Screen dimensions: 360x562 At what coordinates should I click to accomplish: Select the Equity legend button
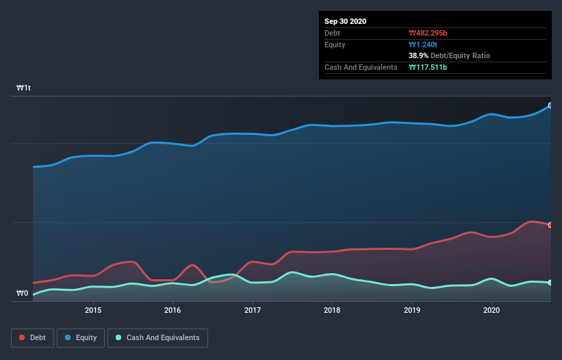pyautogui.click(x=81, y=337)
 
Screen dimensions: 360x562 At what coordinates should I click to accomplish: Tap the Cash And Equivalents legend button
pyautogui.click(x=157, y=337)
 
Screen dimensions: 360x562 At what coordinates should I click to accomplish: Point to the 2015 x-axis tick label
pyautogui.click(x=93, y=310)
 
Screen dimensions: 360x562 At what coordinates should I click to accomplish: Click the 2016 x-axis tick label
pyautogui.click(x=173, y=310)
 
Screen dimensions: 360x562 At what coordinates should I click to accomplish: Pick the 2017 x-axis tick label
pyautogui.click(x=253, y=310)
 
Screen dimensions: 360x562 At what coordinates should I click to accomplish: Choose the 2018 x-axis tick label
pyautogui.click(x=332, y=310)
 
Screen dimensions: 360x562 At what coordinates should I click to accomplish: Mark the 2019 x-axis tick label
pyautogui.click(x=412, y=310)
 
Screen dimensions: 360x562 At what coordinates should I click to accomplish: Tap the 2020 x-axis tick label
pyautogui.click(x=491, y=310)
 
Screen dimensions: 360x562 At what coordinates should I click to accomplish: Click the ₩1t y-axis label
pyautogui.click(x=24, y=88)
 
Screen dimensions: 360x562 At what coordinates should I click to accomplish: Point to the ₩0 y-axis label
pyautogui.click(x=23, y=294)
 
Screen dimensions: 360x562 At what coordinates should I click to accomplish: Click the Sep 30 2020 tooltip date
pyautogui.click(x=346, y=21)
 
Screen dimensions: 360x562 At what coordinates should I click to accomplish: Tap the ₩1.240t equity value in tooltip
pyautogui.click(x=424, y=44)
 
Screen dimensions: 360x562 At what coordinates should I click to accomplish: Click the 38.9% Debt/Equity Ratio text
pyautogui.click(x=449, y=55)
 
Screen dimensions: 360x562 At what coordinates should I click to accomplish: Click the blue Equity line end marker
pyautogui.click(x=550, y=105)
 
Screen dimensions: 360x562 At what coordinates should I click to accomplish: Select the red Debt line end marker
pyautogui.click(x=550, y=224)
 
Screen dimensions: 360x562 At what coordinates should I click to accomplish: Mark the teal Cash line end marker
pyautogui.click(x=550, y=282)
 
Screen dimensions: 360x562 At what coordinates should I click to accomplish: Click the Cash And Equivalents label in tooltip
pyautogui.click(x=361, y=67)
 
